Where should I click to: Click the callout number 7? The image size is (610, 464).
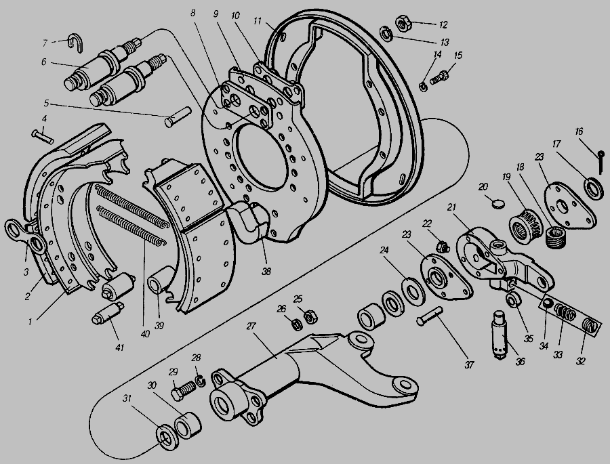point(45,43)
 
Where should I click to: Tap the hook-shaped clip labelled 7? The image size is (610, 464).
point(75,41)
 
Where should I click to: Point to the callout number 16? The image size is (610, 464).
point(579,131)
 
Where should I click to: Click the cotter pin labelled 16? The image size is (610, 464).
point(601,161)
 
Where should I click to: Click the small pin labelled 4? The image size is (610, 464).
point(43,137)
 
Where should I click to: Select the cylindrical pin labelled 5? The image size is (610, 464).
point(178,117)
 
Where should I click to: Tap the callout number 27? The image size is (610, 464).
point(251,326)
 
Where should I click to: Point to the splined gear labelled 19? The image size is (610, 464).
point(526,226)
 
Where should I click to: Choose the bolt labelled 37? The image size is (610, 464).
point(430,316)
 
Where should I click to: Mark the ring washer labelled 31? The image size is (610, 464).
point(167,438)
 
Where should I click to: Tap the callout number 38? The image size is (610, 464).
point(266,272)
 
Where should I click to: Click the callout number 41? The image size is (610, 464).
point(120,347)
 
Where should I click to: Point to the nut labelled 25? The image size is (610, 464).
point(310,317)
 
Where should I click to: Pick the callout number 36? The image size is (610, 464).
point(520,362)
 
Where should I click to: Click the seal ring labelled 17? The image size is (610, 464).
point(594,188)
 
